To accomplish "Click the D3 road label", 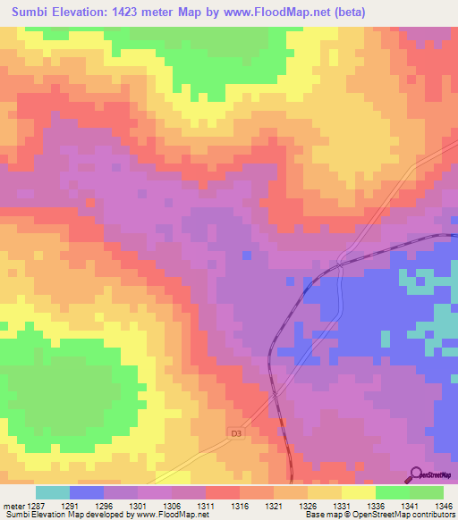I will click(236, 433).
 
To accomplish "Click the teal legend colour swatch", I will click(53, 492).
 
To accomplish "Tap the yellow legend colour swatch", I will click(358, 492).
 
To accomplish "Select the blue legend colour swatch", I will click(87, 492).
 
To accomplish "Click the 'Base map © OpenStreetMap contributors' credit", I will click(378, 516).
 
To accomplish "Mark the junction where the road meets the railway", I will click(341, 262).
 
